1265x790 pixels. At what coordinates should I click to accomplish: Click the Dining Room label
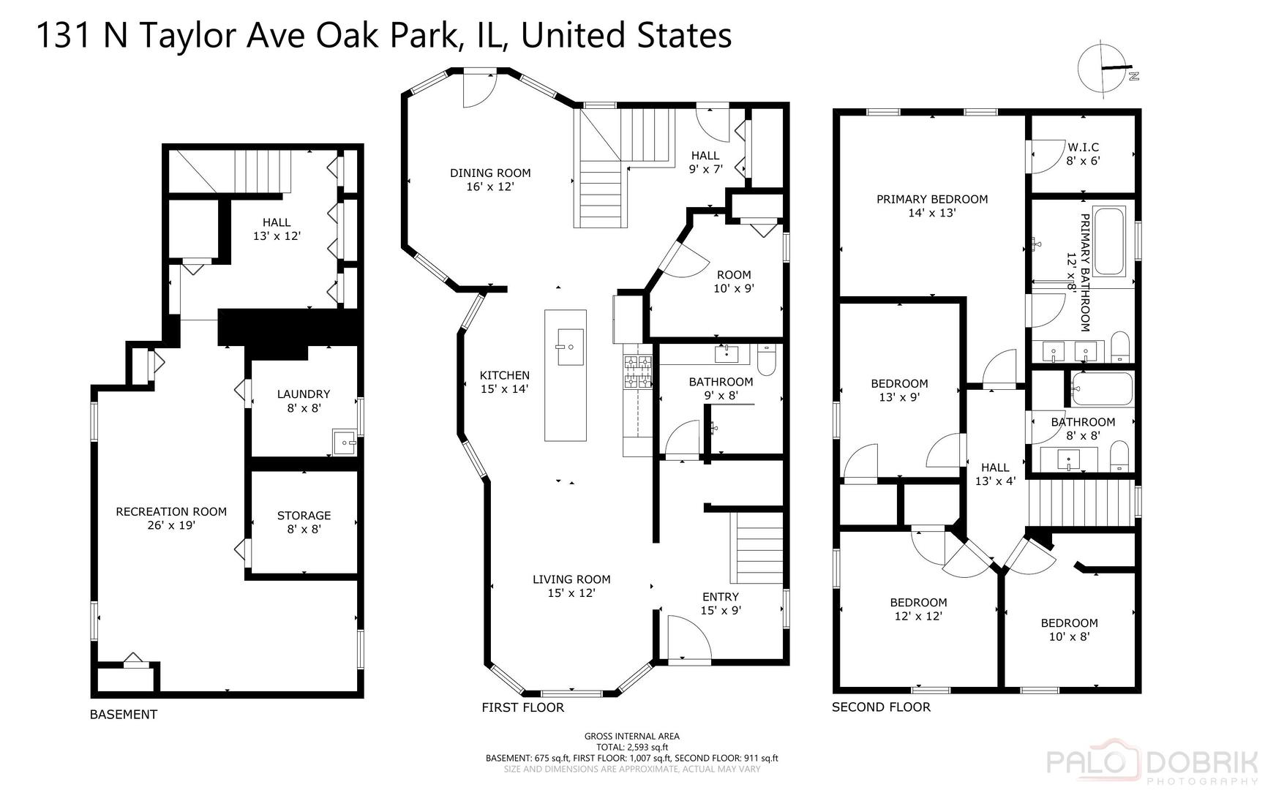click(x=490, y=180)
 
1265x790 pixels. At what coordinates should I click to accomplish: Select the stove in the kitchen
click(x=637, y=372)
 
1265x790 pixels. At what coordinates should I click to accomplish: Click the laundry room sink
click(x=344, y=441)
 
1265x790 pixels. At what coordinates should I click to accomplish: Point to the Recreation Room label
click(x=171, y=518)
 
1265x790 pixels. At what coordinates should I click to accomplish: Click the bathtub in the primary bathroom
click(x=1109, y=241)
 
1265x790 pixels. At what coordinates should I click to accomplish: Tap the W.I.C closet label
click(x=1083, y=154)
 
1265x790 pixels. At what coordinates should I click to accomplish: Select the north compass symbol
click(x=1106, y=70)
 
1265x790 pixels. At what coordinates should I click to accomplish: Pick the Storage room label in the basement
click(x=304, y=522)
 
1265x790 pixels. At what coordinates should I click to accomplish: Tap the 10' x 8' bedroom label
click(x=1069, y=630)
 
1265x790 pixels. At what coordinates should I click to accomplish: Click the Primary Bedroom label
click(x=932, y=206)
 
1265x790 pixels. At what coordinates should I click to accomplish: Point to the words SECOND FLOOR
click(x=881, y=707)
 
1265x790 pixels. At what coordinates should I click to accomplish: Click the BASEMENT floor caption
click(x=124, y=715)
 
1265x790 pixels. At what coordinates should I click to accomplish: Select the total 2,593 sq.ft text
click(x=631, y=748)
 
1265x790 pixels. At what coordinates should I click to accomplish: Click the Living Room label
click(x=571, y=586)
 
